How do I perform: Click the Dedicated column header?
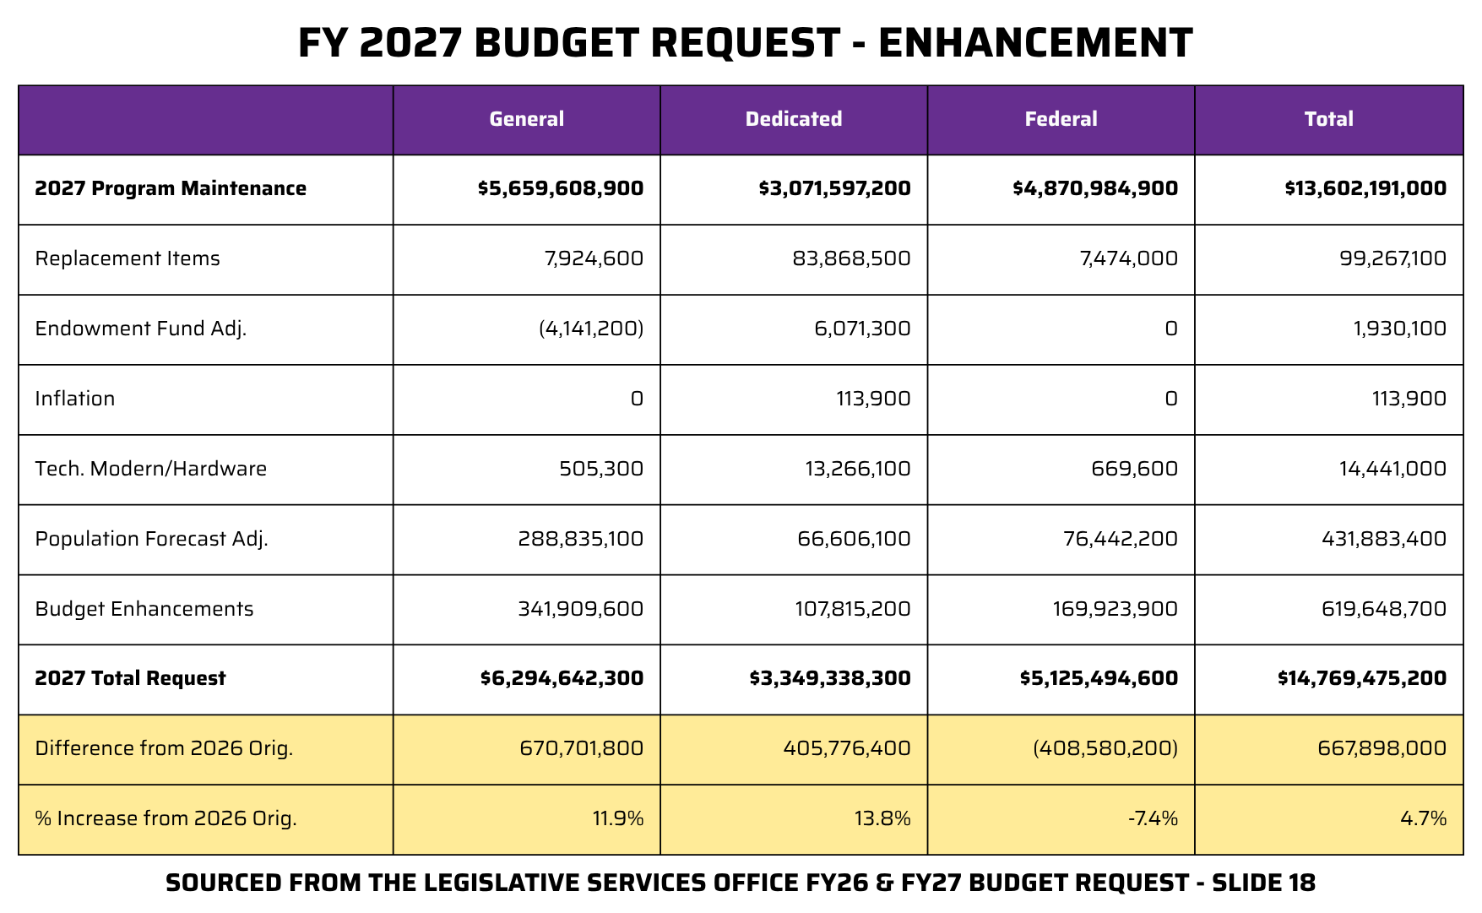click(793, 119)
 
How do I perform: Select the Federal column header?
click(1061, 119)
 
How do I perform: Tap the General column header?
click(526, 119)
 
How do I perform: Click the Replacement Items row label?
click(128, 258)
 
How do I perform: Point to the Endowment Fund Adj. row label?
click(141, 329)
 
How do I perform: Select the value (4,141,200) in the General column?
click(591, 329)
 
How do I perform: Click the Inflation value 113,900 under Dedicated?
click(873, 399)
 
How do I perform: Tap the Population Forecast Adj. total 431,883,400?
click(1383, 539)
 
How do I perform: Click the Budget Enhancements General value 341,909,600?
click(580, 609)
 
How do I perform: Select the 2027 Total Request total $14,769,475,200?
click(1361, 678)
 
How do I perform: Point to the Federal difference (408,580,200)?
click(1105, 748)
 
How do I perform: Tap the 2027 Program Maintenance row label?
click(171, 188)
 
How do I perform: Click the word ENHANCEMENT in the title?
click(1035, 43)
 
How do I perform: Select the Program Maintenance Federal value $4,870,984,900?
click(1095, 188)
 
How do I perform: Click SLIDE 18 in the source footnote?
click(1263, 883)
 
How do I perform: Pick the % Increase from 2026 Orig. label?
click(166, 818)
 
